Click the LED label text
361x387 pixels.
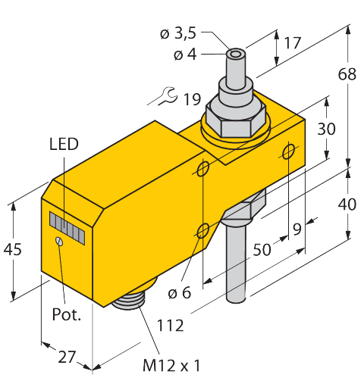pyautogui.click(x=64, y=144)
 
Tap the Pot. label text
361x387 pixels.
pyautogui.click(x=66, y=314)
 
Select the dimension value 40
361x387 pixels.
pyautogui.click(x=347, y=204)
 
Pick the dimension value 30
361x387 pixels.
pyautogui.click(x=326, y=129)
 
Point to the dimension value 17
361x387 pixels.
pyautogui.click(x=292, y=42)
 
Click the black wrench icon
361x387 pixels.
pyautogui.click(x=164, y=97)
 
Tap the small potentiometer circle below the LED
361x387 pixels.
pyautogui.click(x=58, y=241)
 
